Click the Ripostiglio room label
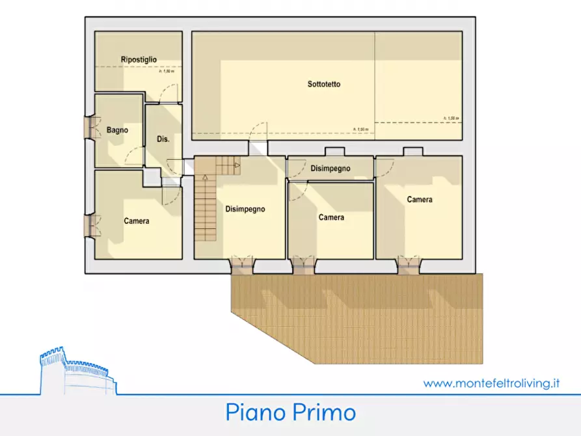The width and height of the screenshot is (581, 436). [139, 60]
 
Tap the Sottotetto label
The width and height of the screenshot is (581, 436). [324, 84]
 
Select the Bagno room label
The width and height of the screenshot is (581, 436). [117, 130]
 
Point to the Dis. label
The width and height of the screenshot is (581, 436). [163, 139]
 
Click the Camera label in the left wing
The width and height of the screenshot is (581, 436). [137, 221]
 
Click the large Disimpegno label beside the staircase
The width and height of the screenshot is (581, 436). [245, 209]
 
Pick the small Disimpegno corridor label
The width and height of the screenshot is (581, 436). [330, 169]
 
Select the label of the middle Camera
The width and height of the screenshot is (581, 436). [331, 217]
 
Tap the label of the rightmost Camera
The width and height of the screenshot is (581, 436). [420, 200]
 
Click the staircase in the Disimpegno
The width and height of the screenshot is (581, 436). [206, 208]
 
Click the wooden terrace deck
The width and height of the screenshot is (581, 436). [364, 312]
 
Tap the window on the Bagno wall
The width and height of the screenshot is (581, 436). [90, 128]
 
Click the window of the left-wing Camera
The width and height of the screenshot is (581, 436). [90, 225]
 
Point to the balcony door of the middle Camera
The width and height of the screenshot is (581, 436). [303, 264]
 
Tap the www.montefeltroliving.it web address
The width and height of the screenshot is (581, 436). [491, 383]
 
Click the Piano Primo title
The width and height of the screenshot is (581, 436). [291, 413]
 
